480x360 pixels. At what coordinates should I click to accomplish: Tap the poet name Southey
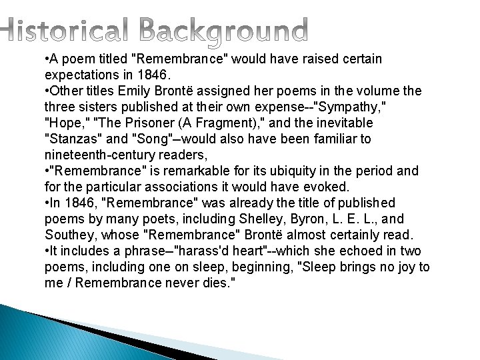click(x=69, y=235)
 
